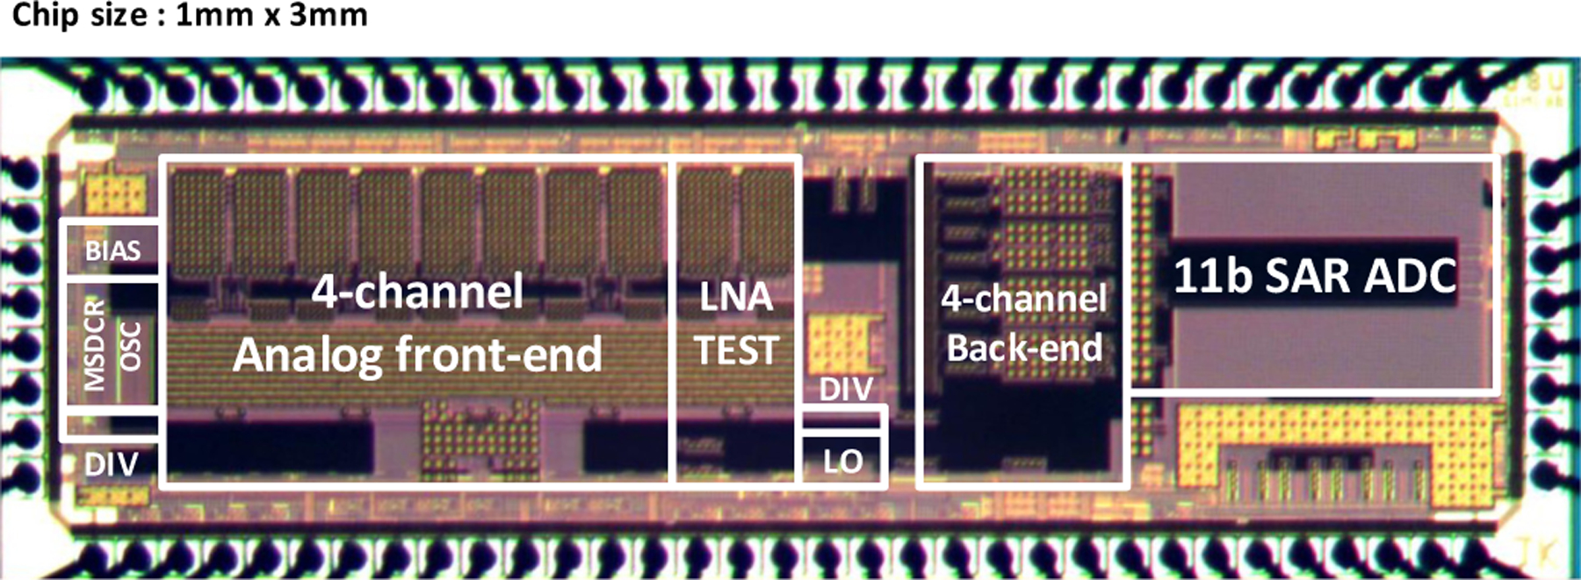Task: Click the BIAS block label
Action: [112, 251]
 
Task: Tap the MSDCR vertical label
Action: [94, 344]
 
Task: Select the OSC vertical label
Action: [131, 346]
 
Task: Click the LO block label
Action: [842, 461]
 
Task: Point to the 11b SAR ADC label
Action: [1315, 276]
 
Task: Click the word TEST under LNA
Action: [736, 351]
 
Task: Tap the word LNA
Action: [736, 297]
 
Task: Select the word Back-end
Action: [1024, 348]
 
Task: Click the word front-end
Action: [499, 354]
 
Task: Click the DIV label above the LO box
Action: [846, 389]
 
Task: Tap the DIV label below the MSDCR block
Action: [111, 464]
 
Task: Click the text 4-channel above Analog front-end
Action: [417, 291]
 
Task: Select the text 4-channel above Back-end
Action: [1024, 299]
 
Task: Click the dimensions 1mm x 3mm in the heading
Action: [271, 15]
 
